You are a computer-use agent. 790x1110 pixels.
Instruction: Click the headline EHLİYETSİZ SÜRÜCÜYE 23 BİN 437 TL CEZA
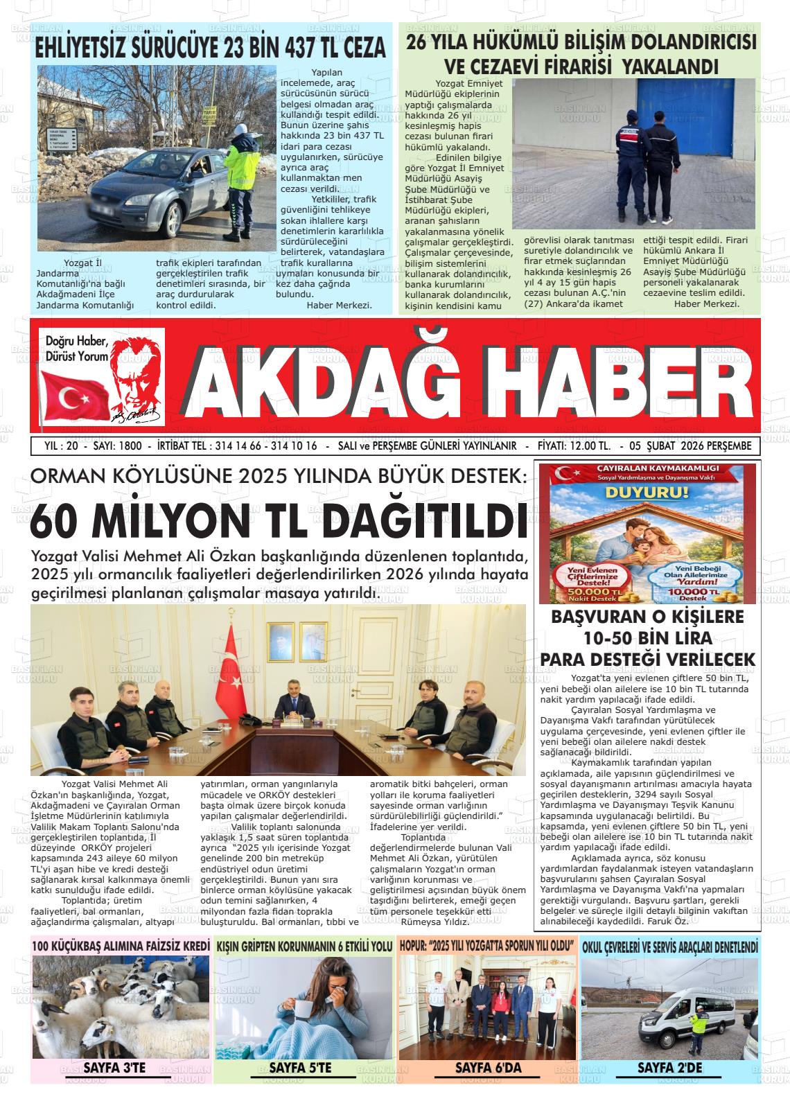[x=211, y=49]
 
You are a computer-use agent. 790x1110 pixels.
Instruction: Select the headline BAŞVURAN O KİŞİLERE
[x=647, y=617]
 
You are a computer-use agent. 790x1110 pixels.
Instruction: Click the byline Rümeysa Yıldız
[x=435, y=921]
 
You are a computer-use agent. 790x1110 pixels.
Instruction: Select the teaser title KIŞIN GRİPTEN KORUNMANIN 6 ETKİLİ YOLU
[x=304, y=946]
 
